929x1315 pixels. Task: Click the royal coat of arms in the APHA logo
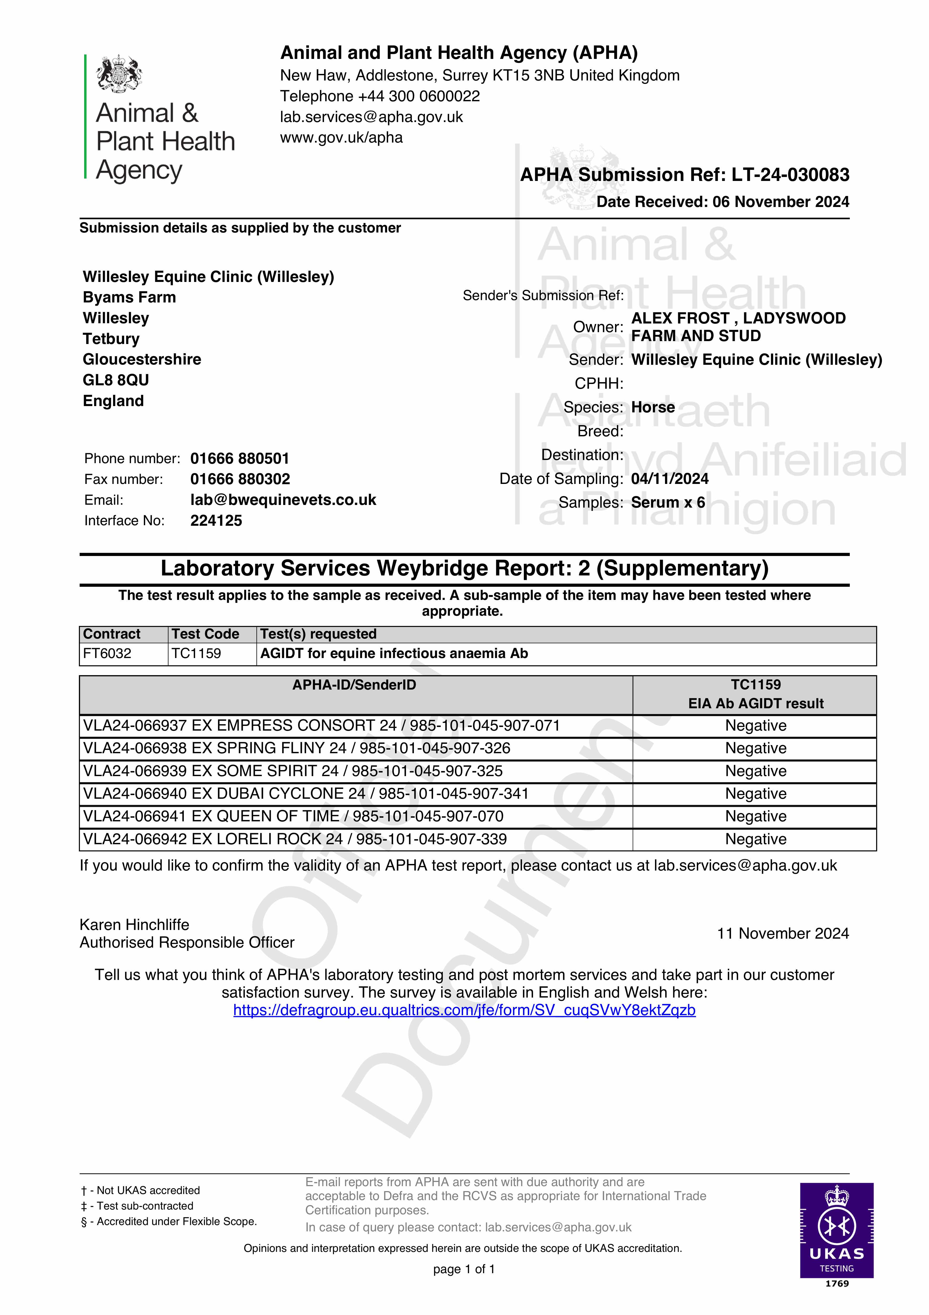point(119,73)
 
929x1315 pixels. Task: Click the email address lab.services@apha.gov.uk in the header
point(371,117)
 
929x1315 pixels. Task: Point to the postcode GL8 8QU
point(116,380)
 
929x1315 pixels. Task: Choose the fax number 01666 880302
point(240,479)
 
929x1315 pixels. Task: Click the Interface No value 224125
point(216,521)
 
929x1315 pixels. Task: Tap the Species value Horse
point(653,407)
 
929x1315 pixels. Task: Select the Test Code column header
point(205,634)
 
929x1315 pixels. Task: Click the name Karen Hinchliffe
point(134,925)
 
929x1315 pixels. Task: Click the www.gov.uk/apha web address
point(341,138)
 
